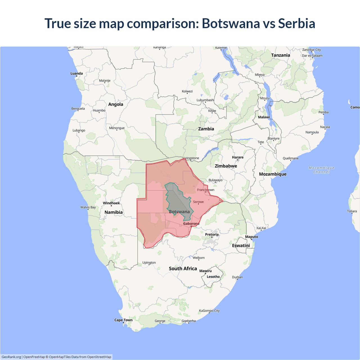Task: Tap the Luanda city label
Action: click(76, 73)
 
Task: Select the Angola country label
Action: click(116, 104)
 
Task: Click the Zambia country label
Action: click(206, 129)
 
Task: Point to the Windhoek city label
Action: click(111, 203)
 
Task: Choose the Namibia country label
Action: click(113, 212)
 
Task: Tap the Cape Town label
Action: click(123, 320)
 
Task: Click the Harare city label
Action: click(238, 157)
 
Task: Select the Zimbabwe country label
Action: click(226, 166)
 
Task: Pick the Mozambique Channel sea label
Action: click(321, 170)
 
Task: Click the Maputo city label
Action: click(251, 237)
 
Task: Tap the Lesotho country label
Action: click(213, 277)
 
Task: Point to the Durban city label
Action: click(237, 277)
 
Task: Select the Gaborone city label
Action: click(191, 224)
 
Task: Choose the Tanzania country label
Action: click(280, 55)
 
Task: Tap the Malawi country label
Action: click(264, 117)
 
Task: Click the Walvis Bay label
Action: click(88, 207)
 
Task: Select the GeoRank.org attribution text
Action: click(11, 357)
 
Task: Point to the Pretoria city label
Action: click(212, 235)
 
